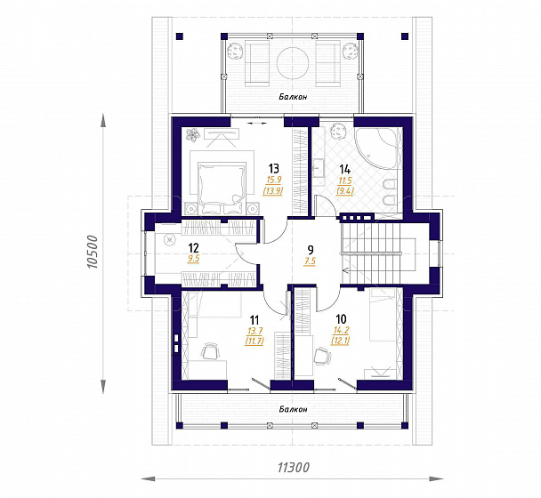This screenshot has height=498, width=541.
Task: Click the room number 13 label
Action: click(x=273, y=169)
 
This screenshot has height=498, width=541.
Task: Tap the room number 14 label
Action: click(x=344, y=169)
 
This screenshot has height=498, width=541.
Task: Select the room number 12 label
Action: click(x=194, y=247)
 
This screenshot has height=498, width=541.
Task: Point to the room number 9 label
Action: click(x=311, y=249)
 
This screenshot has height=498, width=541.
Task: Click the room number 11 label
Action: click(x=254, y=320)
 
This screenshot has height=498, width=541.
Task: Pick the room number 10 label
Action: click(x=341, y=319)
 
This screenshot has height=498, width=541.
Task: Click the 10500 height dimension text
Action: click(x=92, y=252)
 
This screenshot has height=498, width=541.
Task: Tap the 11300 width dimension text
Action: click(x=294, y=468)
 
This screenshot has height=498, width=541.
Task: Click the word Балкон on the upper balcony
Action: click(x=293, y=97)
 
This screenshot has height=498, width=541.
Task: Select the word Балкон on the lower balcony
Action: click(x=293, y=409)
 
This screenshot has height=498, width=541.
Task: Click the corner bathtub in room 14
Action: click(x=379, y=149)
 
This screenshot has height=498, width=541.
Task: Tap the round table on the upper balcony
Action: click(x=293, y=63)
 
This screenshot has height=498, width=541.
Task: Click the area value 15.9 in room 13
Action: click(x=273, y=180)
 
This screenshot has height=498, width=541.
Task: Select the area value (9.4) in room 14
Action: click(x=345, y=190)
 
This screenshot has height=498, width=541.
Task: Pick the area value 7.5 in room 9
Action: click(x=310, y=261)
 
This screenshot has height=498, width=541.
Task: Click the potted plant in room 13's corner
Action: click(x=192, y=134)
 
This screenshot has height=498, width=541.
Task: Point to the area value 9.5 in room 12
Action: click(x=194, y=259)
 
